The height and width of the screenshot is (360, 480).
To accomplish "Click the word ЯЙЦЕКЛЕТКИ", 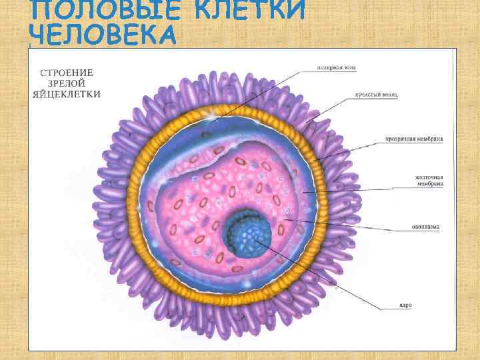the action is tap(67, 94).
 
